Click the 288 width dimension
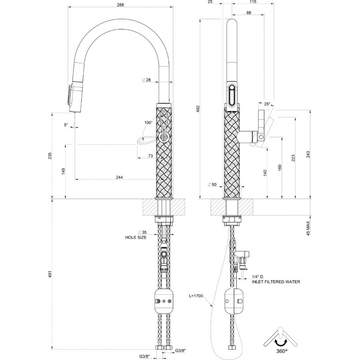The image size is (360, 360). (120, 5)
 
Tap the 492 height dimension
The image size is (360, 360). (198, 109)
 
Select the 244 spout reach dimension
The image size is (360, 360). (119, 177)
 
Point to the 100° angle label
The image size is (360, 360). (149, 122)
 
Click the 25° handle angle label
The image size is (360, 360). (267, 104)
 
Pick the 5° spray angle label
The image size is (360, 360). (66, 125)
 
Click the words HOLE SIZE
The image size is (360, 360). (136, 238)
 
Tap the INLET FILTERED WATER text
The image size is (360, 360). (276, 282)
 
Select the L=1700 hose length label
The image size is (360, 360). (196, 296)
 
